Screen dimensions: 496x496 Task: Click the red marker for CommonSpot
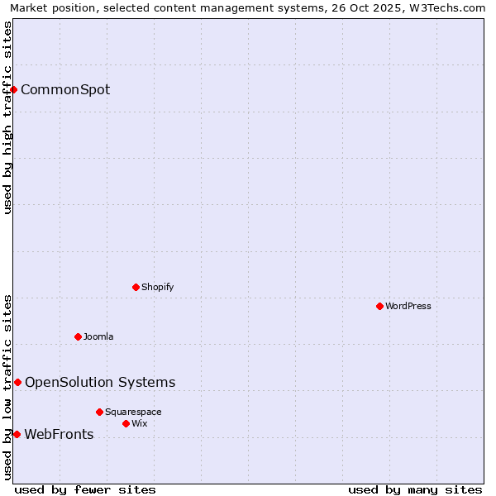pyautogui.click(x=14, y=89)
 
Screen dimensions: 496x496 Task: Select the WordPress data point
pyautogui.click(x=379, y=306)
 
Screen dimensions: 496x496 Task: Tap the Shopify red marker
pyautogui.click(x=136, y=287)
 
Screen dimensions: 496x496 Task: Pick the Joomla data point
pyautogui.click(x=78, y=336)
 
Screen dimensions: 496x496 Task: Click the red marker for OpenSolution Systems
pyautogui.click(x=17, y=382)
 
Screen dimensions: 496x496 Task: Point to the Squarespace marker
pyautogui.click(x=99, y=412)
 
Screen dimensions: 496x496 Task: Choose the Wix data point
pyautogui.click(x=126, y=423)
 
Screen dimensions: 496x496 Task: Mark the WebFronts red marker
pyautogui.click(x=17, y=434)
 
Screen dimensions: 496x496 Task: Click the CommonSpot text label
pyautogui.click(x=65, y=89)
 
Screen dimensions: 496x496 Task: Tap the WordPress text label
pyautogui.click(x=408, y=306)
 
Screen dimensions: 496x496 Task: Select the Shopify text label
pyautogui.click(x=158, y=287)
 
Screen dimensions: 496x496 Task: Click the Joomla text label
pyautogui.click(x=98, y=336)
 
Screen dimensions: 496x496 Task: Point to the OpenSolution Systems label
pyautogui.click(x=100, y=382)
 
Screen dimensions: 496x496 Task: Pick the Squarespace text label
pyautogui.click(x=133, y=412)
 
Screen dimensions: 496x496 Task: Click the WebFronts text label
pyautogui.click(x=59, y=434)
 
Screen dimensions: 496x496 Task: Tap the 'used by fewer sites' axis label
pyautogui.click(x=85, y=489)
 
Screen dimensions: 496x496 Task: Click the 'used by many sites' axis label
pyautogui.click(x=415, y=489)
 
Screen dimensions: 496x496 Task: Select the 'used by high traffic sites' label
pyautogui.click(x=7, y=117)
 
